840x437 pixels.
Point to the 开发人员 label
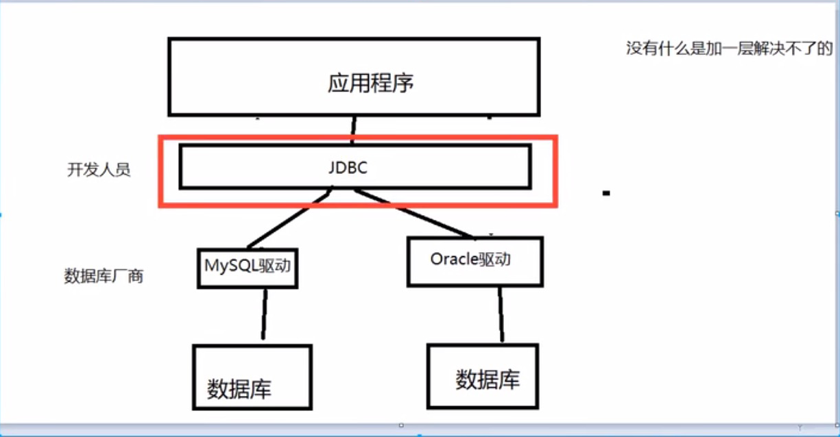pos(99,170)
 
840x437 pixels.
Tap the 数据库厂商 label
pos(104,276)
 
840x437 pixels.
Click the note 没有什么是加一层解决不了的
pos(729,48)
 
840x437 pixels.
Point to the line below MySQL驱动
pos(263,314)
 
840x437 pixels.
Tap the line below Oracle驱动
pos(501,315)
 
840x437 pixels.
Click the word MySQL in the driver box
pos(231,264)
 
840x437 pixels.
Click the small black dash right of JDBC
pos(606,193)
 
